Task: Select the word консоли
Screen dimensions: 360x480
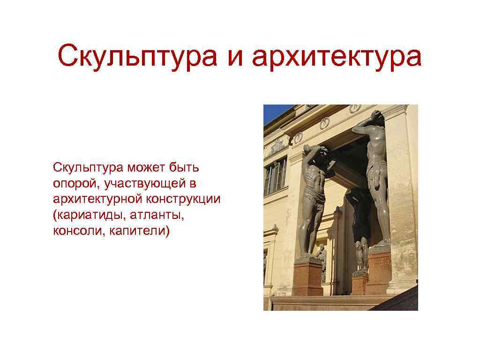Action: point(78,231)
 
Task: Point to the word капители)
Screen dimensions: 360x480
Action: point(139,231)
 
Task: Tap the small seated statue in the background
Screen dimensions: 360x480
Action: point(322,255)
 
